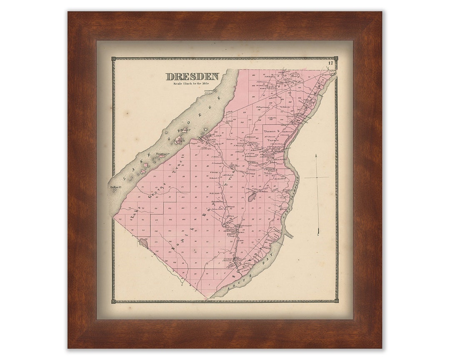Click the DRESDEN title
pos(192,77)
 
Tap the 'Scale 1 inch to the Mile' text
pos(192,84)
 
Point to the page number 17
pos(330,63)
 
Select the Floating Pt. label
pos(163,154)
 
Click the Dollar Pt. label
pos(115,187)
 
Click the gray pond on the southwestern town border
pos(143,242)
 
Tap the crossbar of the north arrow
pos(316,177)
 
